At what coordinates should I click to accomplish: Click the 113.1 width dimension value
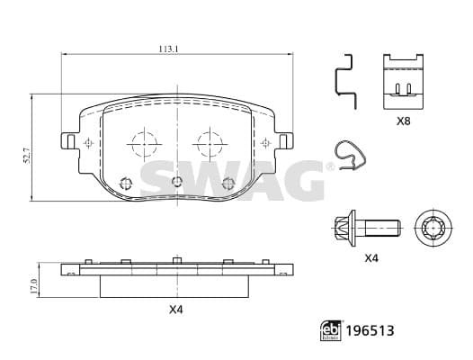[x=169, y=49]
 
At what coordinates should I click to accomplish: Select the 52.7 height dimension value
[x=28, y=156]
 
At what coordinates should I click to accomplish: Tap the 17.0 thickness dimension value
[x=33, y=286]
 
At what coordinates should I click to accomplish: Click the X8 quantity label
[x=404, y=121]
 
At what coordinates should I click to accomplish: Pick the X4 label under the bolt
[x=371, y=258]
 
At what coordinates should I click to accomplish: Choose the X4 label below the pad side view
[x=176, y=310]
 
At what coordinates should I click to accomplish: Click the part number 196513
[x=370, y=330]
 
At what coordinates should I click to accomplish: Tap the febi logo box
[x=331, y=330]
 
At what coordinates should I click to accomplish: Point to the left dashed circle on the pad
[x=145, y=144]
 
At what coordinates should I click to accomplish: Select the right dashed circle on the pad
[x=210, y=144]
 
